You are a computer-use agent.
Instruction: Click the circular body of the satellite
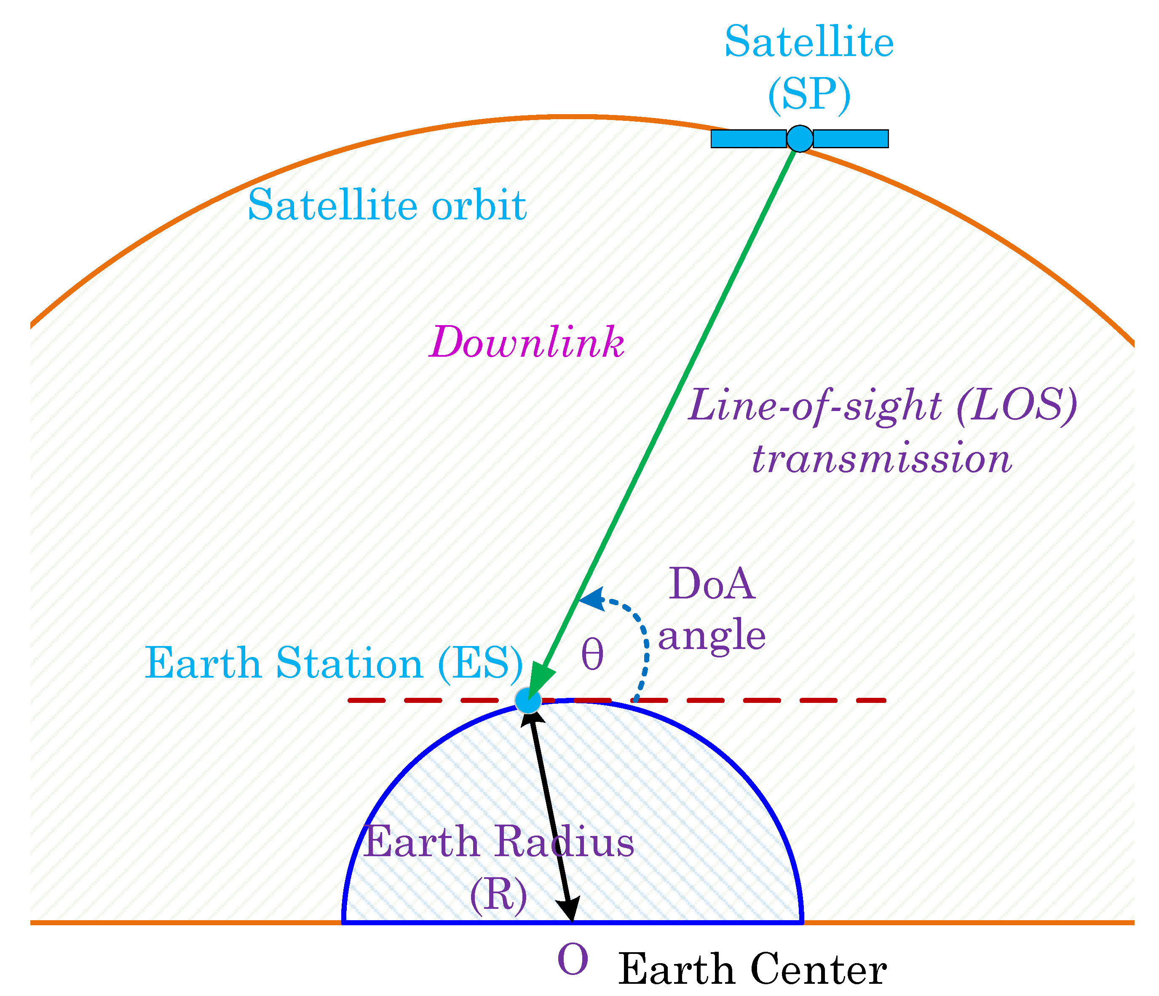(800, 138)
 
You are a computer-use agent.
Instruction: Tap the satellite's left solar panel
(748, 139)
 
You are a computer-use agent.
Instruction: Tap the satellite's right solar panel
(851, 139)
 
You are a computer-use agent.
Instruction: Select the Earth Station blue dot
(527, 700)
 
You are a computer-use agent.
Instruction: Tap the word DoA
(712, 584)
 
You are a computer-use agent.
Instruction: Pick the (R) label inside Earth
(498, 895)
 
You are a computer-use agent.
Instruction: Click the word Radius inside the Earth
(565, 841)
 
